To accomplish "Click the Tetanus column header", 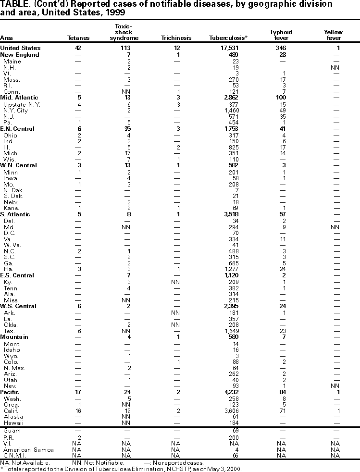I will click(77, 38).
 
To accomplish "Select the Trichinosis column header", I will click(176, 38).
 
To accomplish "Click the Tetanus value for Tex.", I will click(78, 331).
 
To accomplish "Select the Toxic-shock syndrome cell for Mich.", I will click(127, 153).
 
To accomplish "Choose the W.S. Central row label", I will click(17, 306).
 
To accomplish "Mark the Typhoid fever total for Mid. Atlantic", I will click(282, 98).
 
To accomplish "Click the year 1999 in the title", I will click(122, 14).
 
